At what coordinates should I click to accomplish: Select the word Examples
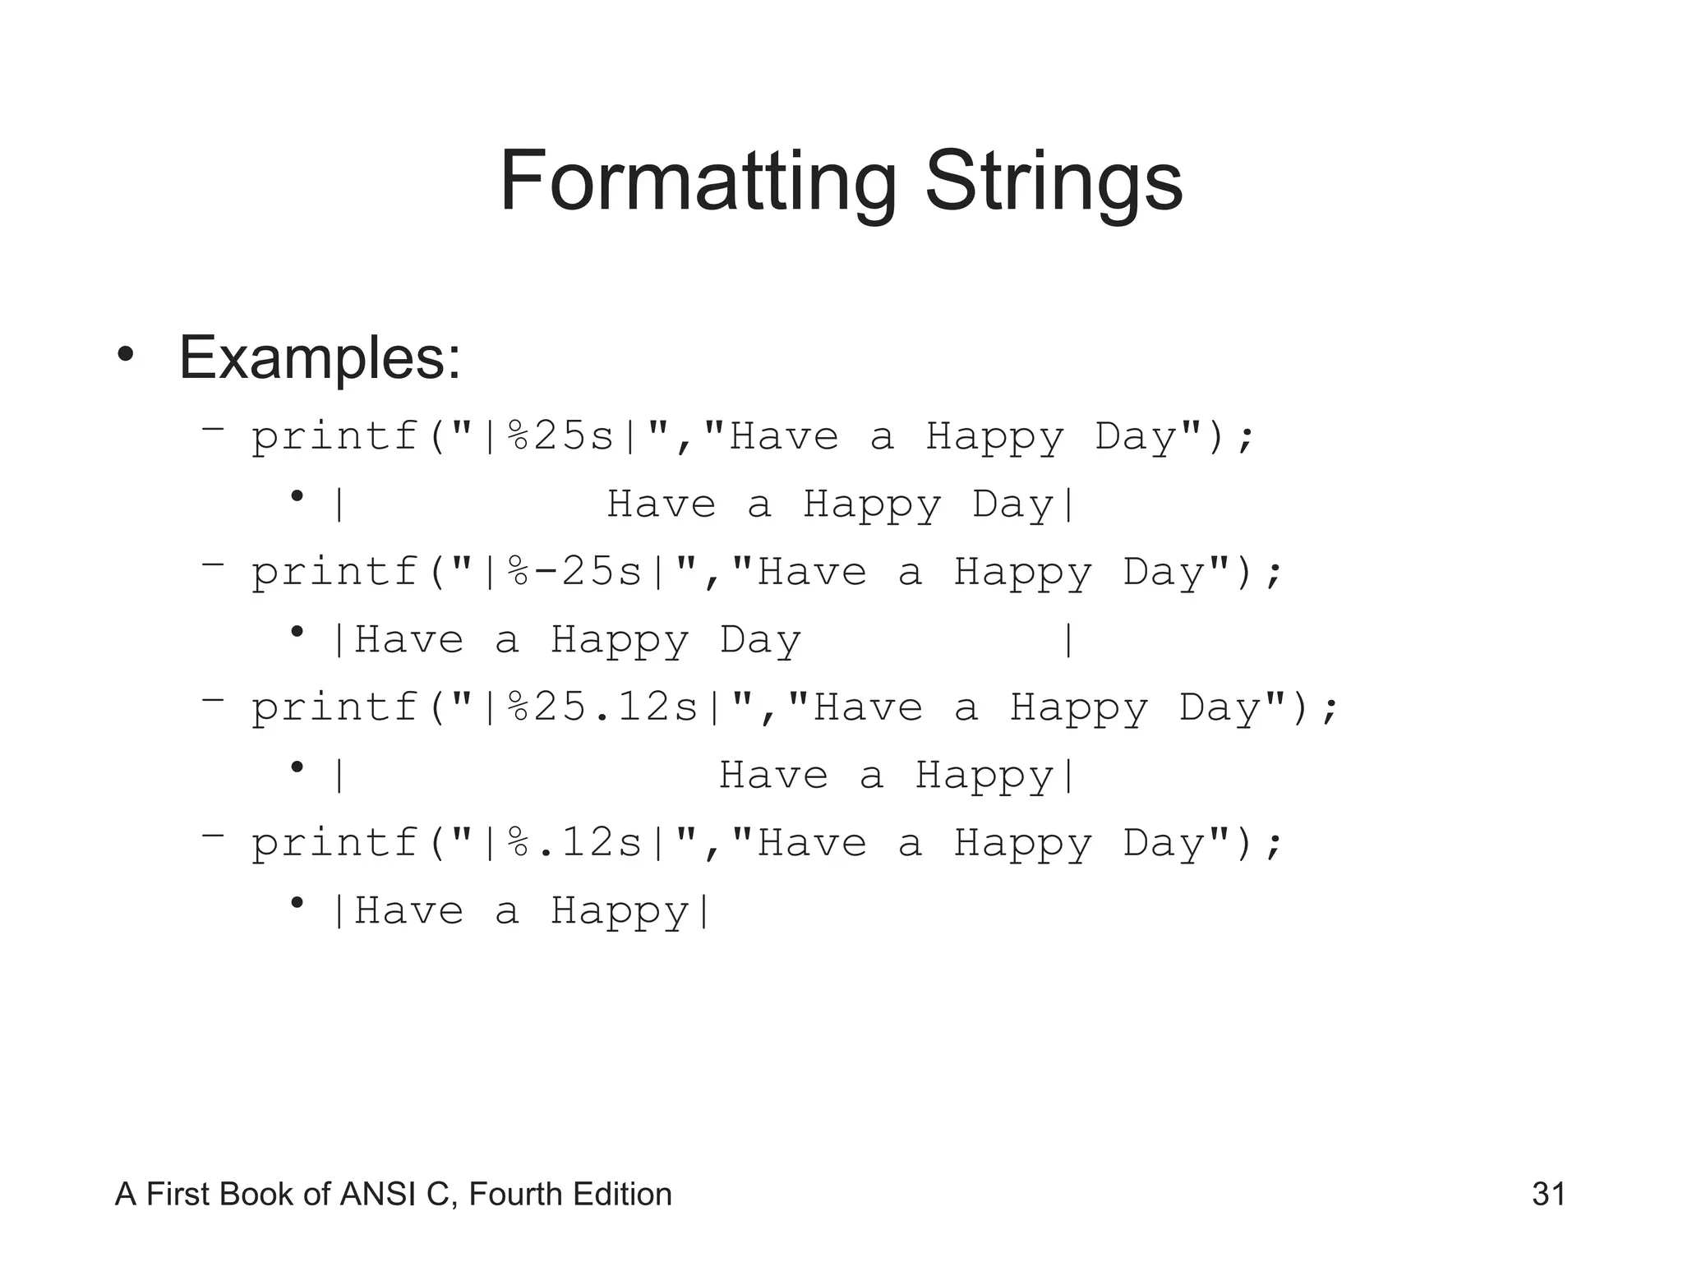coord(319,358)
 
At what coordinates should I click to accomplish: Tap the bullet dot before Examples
coord(125,356)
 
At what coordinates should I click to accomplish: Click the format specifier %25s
coord(561,435)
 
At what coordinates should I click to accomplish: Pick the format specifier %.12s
coord(575,842)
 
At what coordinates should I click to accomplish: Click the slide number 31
coord(1548,1194)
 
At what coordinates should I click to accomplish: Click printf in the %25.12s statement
coord(335,707)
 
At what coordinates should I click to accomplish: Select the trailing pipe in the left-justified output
coord(1067,639)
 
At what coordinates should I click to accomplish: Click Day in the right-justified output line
coord(1012,504)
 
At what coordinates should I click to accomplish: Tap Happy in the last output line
coord(619,911)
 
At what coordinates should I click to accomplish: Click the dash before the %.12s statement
coord(213,835)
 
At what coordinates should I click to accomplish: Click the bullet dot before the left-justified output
coord(297,632)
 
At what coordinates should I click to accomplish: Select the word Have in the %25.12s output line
coord(773,775)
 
